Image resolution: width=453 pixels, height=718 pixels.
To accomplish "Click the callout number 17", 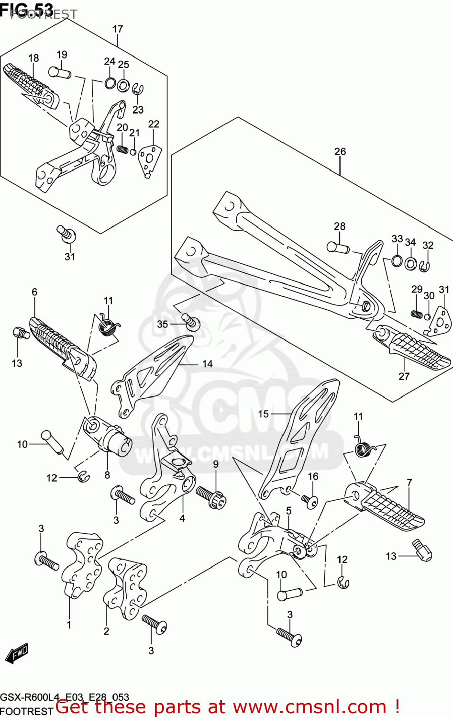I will (118, 29).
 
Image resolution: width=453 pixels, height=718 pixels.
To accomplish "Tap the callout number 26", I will (340, 152).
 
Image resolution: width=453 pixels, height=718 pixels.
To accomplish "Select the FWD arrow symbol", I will (17, 653).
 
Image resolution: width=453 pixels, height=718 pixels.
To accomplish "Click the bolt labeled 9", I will (210, 494).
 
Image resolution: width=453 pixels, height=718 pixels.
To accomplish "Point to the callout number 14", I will (207, 364).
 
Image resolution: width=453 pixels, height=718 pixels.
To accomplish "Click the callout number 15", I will (264, 414).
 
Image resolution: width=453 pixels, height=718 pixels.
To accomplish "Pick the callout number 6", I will (34, 292).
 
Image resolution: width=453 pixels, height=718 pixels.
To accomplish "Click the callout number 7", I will (409, 482).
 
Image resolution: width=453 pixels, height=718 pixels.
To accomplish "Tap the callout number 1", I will (69, 625).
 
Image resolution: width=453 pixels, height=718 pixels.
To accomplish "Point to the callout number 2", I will (106, 631).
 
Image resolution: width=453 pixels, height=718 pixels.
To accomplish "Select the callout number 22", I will (154, 124).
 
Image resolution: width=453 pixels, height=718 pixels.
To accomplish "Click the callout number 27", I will (404, 376).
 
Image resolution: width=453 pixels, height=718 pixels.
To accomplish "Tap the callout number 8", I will (107, 475).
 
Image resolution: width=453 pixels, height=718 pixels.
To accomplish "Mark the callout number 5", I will (289, 511).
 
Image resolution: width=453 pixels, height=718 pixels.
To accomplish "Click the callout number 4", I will (182, 518).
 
